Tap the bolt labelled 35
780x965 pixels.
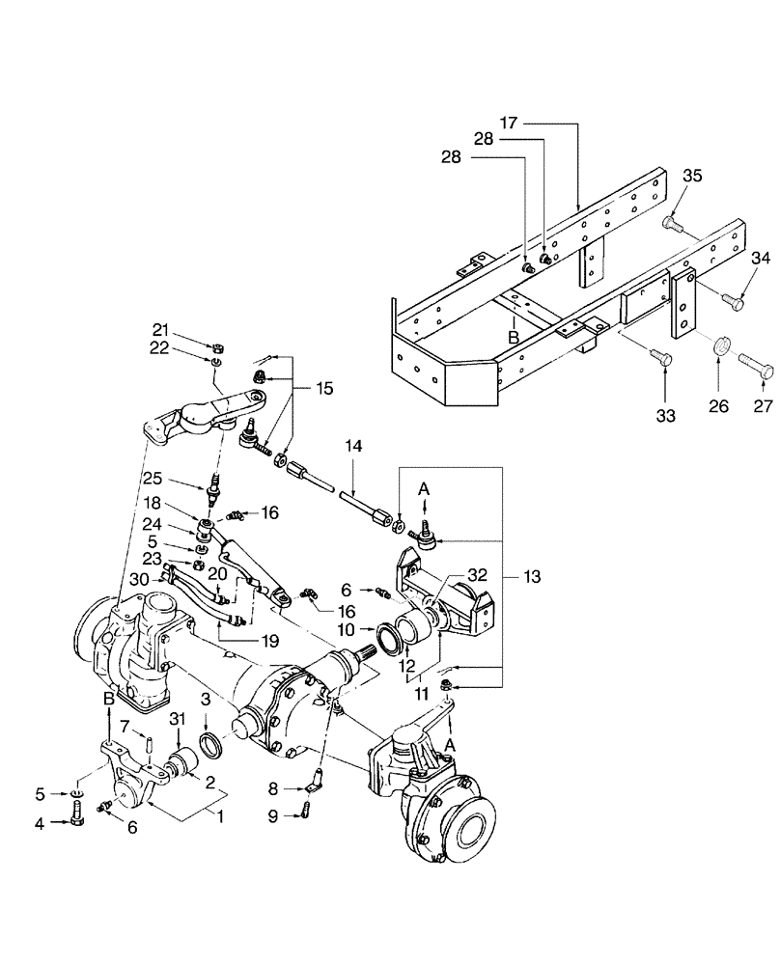tap(673, 225)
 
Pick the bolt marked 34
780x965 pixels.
tap(733, 303)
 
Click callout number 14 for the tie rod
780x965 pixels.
tap(356, 447)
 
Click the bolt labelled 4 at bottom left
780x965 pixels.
tap(77, 823)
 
